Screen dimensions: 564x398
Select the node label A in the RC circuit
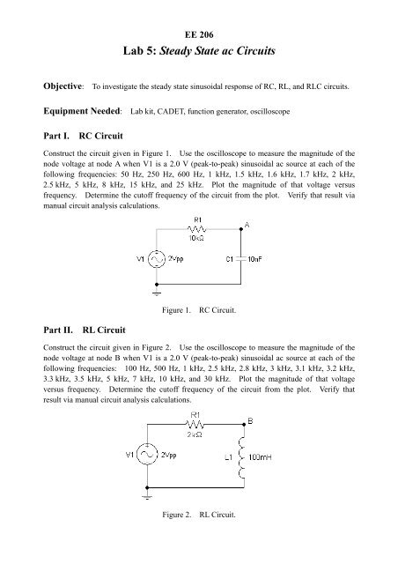[x=248, y=226]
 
